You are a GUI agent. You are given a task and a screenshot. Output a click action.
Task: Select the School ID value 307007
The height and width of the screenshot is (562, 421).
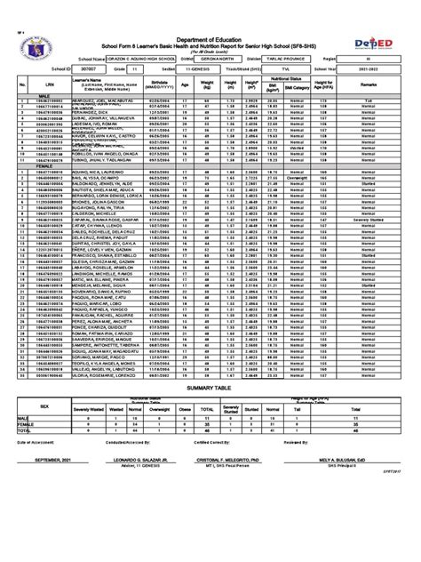[85, 67]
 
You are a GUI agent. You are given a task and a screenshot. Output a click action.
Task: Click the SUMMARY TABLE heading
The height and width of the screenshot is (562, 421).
[210, 389]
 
